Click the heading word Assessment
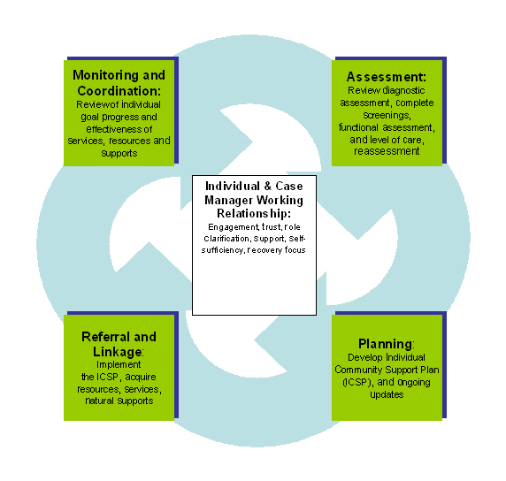[x=385, y=77]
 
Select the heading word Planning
[x=386, y=344]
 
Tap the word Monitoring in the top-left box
[x=105, y=75]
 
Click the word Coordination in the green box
[x=118, y=91]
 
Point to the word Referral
[x=106, y=337]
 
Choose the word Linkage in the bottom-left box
[x=117, y=352]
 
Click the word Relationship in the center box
[x=252, y=214]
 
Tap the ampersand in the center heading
[x=267, y=187]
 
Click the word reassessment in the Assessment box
[x=387, y=151]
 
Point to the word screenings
[x=387, y=115]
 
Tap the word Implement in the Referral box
[x=119, y=365]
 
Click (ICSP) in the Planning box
[x=358, y=382]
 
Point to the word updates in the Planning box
[x=387, y=395]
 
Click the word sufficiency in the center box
[x=222, y=250]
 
